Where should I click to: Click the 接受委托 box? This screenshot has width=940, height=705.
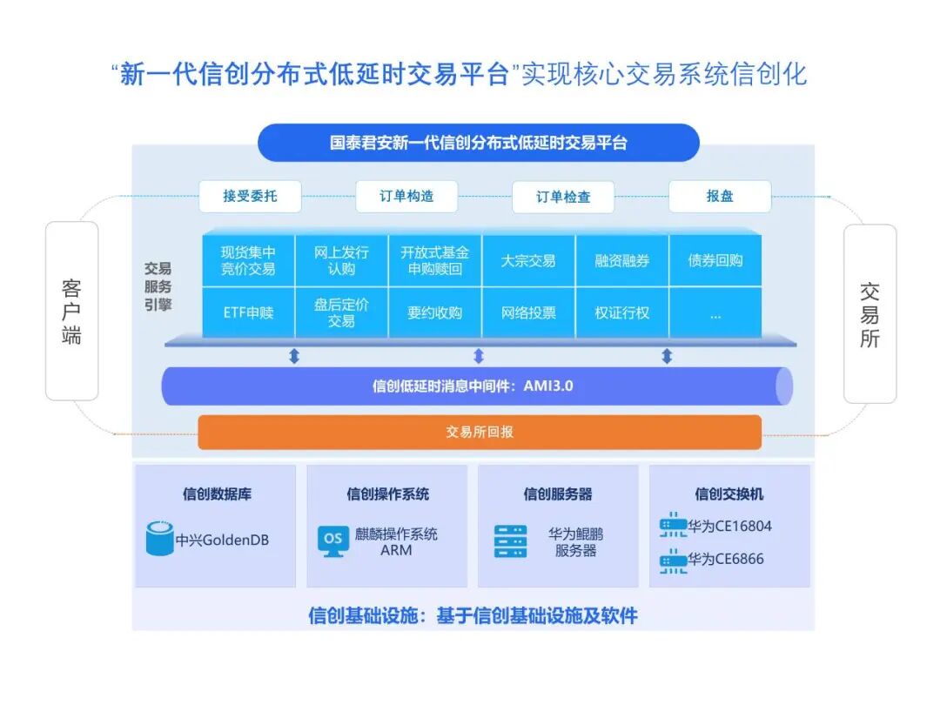(250, 197)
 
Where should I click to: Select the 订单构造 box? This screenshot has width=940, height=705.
(406, 197)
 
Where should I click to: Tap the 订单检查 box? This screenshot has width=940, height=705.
(563, 198)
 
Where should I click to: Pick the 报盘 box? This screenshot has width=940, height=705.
(720, 197)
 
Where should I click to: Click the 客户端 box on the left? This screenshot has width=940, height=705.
(71, 311)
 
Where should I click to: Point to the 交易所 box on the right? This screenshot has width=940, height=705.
(869, 314)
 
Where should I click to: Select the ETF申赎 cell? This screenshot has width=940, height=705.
(248, 312)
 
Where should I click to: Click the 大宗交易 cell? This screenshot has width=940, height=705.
(528, 260)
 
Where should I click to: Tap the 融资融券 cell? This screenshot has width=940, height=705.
(622, 260)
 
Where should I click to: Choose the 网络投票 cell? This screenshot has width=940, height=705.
(528, 312)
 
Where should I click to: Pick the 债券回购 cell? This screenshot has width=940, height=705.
(715, 260)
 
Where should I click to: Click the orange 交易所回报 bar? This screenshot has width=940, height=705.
(480, 432)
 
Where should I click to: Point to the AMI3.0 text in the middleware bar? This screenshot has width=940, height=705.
(548, 386)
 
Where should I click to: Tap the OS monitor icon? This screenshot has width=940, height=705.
(332, 540)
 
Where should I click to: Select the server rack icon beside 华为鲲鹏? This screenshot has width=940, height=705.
(511, 540)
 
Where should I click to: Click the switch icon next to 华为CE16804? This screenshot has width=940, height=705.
(673, 525)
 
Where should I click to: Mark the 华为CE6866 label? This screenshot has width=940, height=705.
(726, 559)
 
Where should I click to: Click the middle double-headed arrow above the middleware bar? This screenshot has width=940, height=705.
(478, 356)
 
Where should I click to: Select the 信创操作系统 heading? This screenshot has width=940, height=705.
(387, 493)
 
